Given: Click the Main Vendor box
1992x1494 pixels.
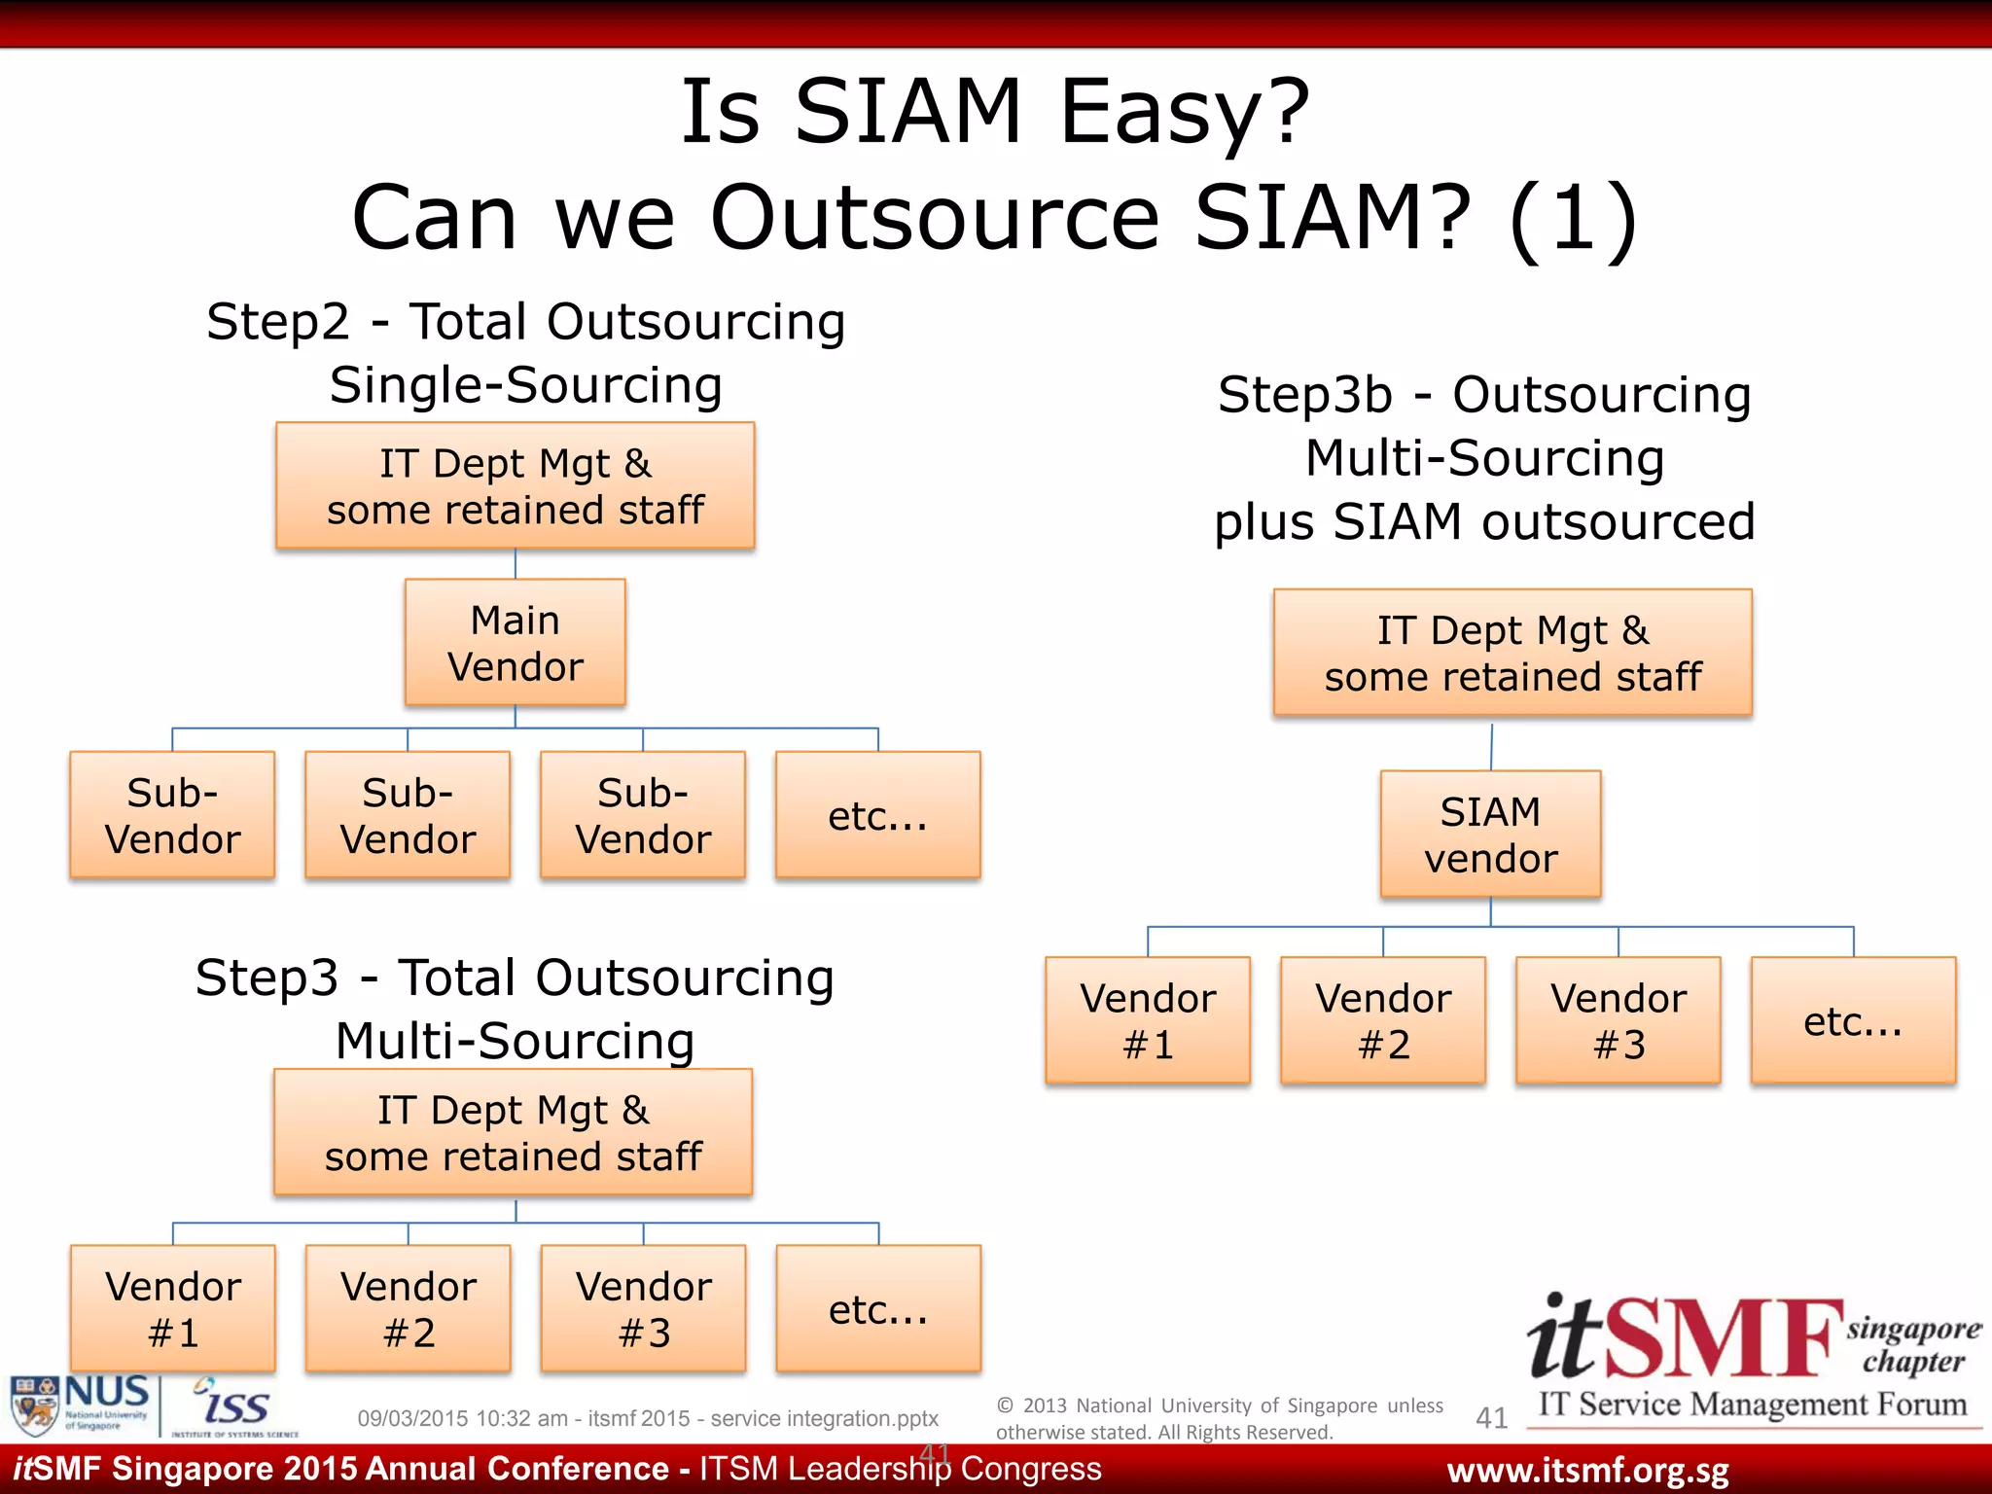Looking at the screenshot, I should [x=515, y=643].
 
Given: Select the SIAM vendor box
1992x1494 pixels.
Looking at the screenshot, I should [x=1490, y=835].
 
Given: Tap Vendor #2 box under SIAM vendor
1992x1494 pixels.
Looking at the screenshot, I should [x=1383, y=1020].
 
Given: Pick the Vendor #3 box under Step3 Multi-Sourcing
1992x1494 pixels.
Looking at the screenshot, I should [x=643, y=1308].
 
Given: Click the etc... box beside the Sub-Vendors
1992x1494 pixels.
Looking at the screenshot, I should [x=877, y=815].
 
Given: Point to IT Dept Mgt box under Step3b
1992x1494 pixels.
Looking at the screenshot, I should [x=1512, y=653].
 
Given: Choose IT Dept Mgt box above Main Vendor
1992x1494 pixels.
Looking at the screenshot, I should [x=515, y=486].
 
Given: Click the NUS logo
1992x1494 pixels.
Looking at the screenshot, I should [x=82, y=1405].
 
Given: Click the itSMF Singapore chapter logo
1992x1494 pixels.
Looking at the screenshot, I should [x=1751, y=1357].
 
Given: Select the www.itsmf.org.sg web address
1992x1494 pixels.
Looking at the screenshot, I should [x=1587, y=1471].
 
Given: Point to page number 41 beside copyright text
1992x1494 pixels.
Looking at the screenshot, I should [x=1491, y=1418].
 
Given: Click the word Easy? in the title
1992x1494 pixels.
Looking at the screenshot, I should [x=1185, y=112].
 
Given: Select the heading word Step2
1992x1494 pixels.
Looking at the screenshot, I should [x=277, y=323].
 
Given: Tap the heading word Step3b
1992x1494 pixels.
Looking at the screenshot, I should [x=1305, y=396].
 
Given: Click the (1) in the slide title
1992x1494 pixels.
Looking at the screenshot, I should [x=1573, y=219].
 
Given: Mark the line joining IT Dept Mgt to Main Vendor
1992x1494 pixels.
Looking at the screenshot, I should [x=515, y=564].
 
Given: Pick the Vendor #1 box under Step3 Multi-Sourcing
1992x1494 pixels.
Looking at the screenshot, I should [x=173, y=1308].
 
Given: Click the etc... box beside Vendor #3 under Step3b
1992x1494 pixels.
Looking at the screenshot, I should [x=1853, y=1020].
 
